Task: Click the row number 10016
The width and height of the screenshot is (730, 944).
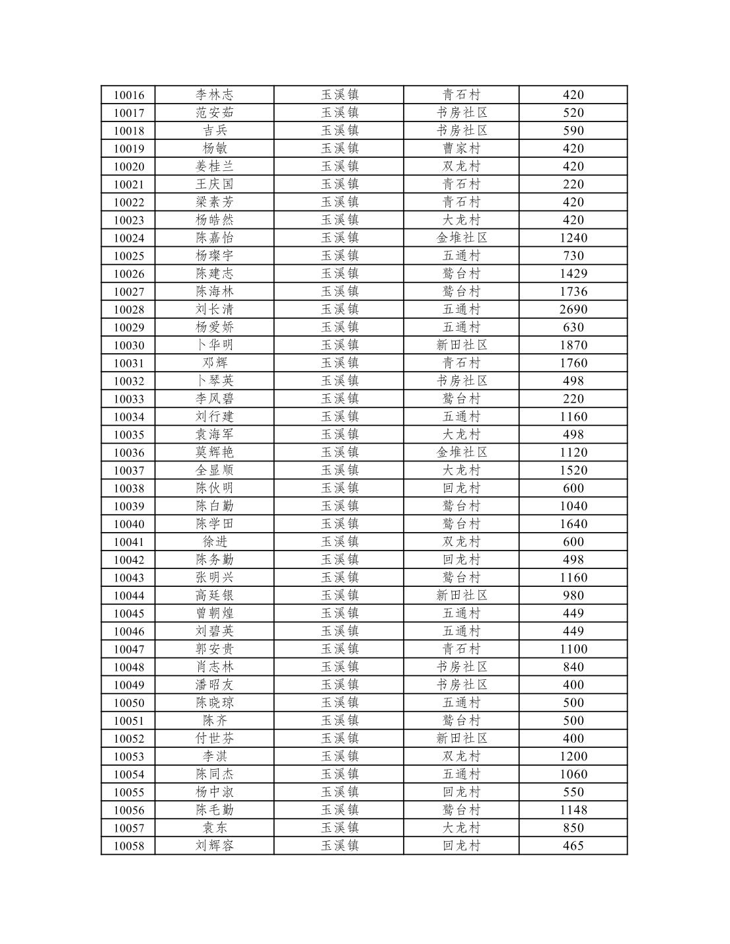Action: tap(129, 95)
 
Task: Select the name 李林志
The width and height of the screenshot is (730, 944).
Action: tap(215, 95)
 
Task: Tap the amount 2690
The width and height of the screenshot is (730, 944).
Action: tap(573, 310)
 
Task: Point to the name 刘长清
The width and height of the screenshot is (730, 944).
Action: tap(215, 310)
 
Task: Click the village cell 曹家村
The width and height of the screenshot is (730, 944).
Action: tap(462, 149)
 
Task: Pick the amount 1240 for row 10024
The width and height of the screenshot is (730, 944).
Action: tap(573, 238)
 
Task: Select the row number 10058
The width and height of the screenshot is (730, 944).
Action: tap(129, 846)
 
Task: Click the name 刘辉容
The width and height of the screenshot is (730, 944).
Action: tap(215, 846)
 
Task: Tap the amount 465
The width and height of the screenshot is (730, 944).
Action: tap(573, 846)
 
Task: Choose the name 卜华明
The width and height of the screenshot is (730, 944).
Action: tap(215, 345)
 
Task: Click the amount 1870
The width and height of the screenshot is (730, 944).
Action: tap(573, 345)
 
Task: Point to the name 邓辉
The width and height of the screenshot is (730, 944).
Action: tap(215, 363)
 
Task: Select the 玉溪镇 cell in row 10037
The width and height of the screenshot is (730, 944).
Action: tap(340, 471)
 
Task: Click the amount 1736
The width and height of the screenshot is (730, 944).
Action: tap(573, 292)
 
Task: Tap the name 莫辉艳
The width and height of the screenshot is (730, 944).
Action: tap(215, 453)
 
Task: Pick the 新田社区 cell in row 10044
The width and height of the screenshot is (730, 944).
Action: tap(462, 595)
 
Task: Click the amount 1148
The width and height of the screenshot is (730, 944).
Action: tap(573, 810)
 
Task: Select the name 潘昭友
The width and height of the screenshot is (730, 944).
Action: tap(215, 685)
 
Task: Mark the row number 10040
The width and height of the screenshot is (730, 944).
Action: tap(129, 524)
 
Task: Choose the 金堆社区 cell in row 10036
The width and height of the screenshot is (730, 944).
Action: tap(462, 453)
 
